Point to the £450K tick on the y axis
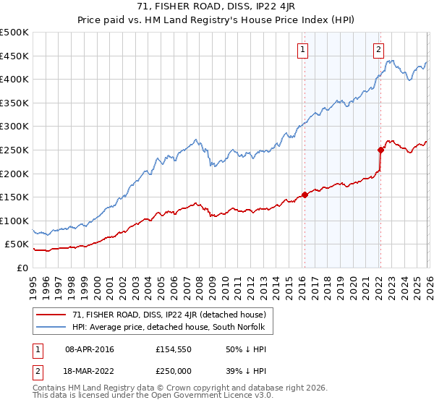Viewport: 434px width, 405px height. [x=14, y=56]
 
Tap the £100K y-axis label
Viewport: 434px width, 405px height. [x=14, y=221]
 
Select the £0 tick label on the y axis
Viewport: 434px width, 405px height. [x=22, y=268]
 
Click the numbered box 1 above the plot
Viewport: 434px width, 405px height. [x=302, y=50]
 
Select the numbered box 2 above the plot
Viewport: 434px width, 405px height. [x=378, y=50]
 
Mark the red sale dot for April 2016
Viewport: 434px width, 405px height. [x=305, y=194]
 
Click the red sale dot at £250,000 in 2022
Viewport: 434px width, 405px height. [x=380, y=150]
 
